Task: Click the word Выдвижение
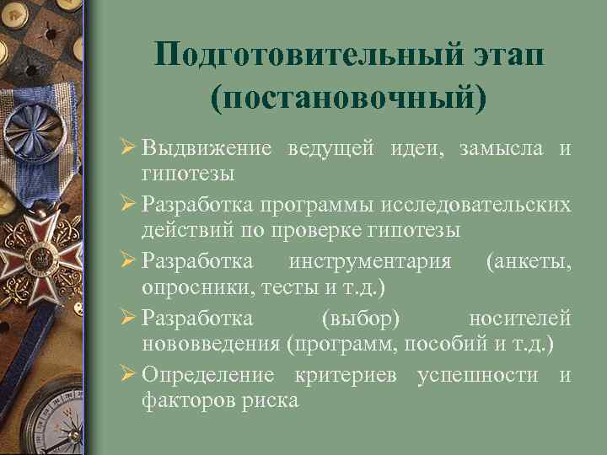[207, 149]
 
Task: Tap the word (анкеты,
[529, 262]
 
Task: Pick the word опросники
[185, 287]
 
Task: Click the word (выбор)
[362, 318]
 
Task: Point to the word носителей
[520, 318]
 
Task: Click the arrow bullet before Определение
[128, 374]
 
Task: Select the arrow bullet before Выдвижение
[128, 149]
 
